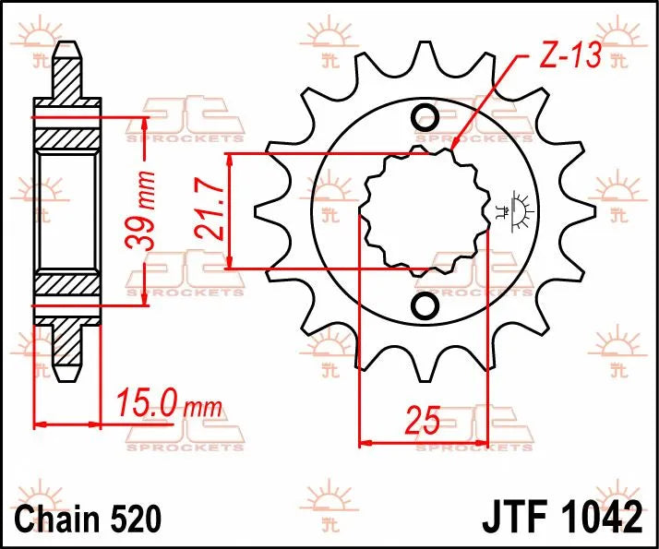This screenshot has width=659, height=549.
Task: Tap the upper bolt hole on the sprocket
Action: (x=425, y=117)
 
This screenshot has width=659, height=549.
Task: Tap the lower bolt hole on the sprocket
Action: (x=425, y=304)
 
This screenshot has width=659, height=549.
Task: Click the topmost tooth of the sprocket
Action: (x=425, y=55)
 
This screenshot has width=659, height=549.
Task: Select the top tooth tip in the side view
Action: (x=66, y=51)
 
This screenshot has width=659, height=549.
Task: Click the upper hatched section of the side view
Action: (x=66, y=134)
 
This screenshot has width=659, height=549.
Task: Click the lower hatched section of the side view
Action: (x=66, y=286)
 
